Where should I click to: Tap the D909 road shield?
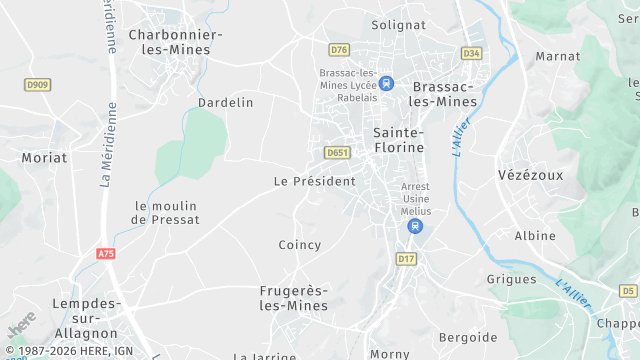(38, 84)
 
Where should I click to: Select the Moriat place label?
(45, 158)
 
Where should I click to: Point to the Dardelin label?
(225, 103)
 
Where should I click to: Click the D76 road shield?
(339, 49)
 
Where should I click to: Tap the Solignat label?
(398, 24)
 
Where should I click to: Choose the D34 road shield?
(471, 52)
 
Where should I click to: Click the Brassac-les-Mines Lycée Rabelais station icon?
(386, 84)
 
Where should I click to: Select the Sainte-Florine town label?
(398, 140)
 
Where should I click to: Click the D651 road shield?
(336, 152)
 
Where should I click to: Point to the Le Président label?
(315, 181)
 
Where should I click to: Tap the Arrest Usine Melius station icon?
(414, 227)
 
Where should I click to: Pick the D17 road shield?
(405, 259)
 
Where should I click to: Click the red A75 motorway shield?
(106, 254)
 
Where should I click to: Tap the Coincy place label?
(300, 245)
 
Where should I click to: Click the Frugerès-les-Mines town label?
(293, 298)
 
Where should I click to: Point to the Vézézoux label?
(530, 174)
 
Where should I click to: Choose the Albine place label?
(535, 236)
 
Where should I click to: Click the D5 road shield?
(628, 290)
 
